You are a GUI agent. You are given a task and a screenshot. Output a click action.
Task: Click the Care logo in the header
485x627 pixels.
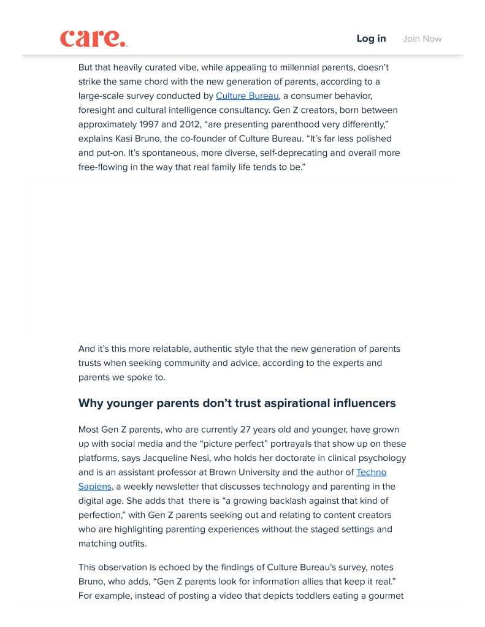click(x=93, y=38)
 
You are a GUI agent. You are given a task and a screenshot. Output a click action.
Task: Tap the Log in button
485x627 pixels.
click(x=371, y=39)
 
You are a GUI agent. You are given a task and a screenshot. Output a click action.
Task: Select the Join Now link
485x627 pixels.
click(x=422, y=39)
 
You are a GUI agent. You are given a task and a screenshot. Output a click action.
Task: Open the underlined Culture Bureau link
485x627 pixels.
click(x=247, y=96)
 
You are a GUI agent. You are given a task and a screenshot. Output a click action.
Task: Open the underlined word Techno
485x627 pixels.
click(x=371, y=472)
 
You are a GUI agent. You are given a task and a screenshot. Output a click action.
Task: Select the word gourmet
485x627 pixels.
click(x=384, y=596)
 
